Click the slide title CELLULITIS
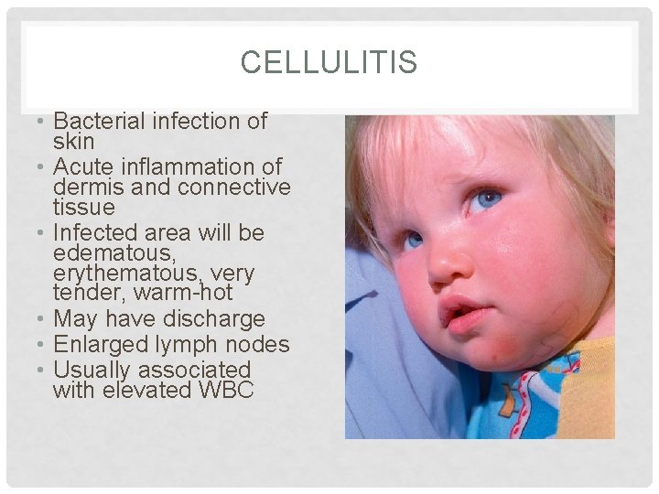329,62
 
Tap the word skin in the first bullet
73,142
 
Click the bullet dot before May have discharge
43,319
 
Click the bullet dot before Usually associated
43,370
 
